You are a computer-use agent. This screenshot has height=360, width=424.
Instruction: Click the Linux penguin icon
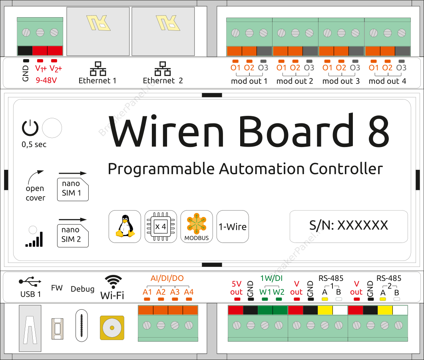(125, 227)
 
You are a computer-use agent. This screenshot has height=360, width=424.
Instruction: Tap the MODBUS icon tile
(197, 227)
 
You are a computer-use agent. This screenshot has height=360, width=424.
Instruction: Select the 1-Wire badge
(232, 227)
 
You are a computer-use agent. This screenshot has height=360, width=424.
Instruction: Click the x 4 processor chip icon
(161, 227)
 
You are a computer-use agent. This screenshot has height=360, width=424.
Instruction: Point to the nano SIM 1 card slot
(73, 189)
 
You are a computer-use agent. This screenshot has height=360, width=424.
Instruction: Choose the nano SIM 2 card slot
(73, 235)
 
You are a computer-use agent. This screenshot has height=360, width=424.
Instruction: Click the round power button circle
(52, 128)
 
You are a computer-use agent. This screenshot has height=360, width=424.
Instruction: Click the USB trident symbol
(30, 282)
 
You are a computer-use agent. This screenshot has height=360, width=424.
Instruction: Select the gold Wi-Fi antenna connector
(112, 328)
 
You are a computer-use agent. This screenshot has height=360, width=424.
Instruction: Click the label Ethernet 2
(163, 81)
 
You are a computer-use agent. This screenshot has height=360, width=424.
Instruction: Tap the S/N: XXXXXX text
(348, 225)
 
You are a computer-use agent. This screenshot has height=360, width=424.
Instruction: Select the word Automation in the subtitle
(262, 169)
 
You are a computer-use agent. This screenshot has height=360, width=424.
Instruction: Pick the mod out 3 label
(341, 81)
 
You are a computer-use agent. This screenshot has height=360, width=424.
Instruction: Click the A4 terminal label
(189, 292)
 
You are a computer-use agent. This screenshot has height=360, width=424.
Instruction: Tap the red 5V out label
(237, 288)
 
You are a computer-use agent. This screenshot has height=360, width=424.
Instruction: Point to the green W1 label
(265, 292)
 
